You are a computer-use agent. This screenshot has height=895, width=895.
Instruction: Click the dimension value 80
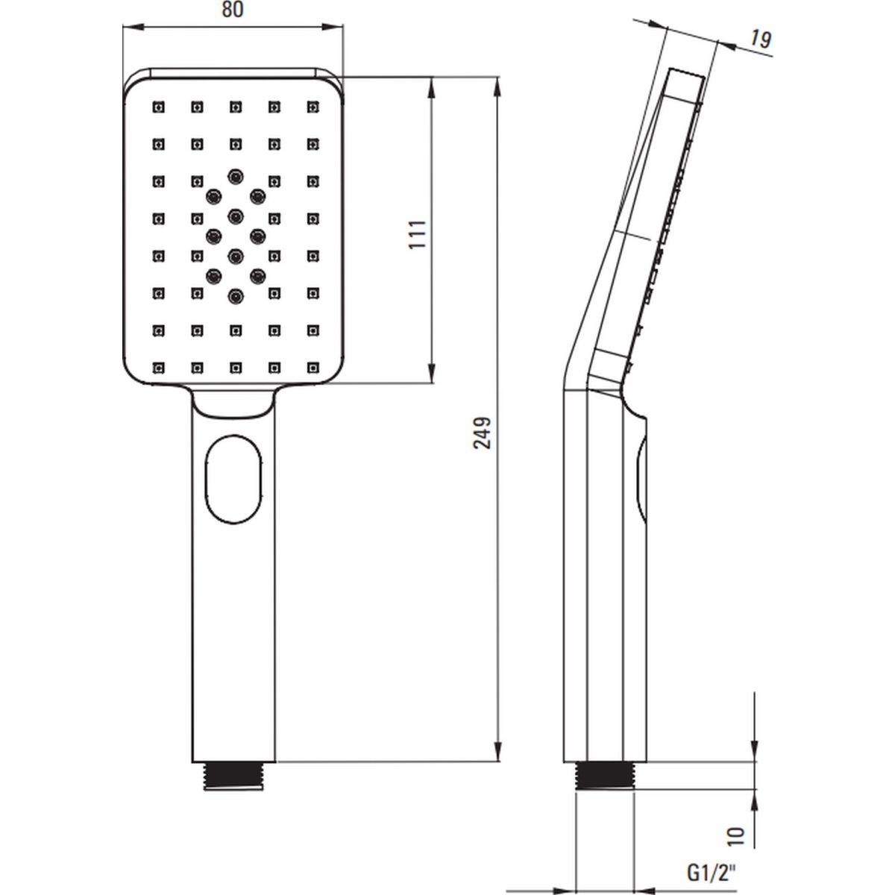pyautogui.click(x=232, y=10)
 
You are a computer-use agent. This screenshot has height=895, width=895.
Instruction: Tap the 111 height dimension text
pyautogui.click(x=418, y=234)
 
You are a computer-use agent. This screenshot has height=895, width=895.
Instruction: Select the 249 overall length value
pyautogui.click(x=482, y=433)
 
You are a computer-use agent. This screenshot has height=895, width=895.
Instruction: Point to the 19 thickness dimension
pyautogui.click(x=761, y=40)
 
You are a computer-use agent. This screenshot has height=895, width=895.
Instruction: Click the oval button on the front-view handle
pyautogui.click(x=233, y=480)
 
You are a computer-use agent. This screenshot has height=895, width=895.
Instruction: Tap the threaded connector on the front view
pyautogui.click(x=233, y=776)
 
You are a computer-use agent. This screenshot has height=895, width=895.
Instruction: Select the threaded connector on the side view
pyautogui.click(x=605, y=776)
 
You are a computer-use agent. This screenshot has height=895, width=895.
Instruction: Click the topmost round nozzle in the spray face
pyautogui.click(x=236, y=176)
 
